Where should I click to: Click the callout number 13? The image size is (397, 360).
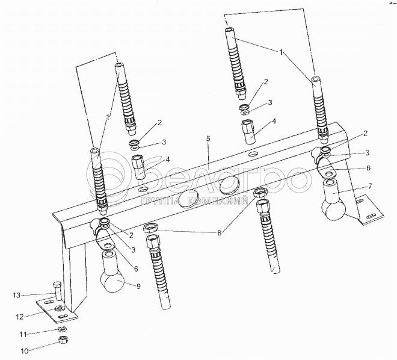[x=17, y=296]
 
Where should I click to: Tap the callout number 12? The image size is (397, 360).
[x=20, y=317]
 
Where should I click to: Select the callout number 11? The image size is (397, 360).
[x=23, y=335]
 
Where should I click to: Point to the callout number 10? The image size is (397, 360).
[x=25, y=352]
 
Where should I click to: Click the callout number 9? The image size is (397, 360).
[x=138, y=287]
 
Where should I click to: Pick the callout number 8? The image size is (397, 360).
[x=220, y=233]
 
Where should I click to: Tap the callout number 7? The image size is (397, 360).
[x=370, y=186]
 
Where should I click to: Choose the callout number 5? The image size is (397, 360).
[x=208, y=138]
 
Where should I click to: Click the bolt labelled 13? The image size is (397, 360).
[x=58, y=291]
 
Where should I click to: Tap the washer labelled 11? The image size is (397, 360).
[x=61, y=329]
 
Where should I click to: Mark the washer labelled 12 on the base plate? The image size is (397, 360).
[x=60, y=308]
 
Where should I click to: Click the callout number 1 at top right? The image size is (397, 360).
[x=281, y=52]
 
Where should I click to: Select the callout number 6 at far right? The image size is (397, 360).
[x=368, y=168]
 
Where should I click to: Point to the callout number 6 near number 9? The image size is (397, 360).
[x=136, y=269]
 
